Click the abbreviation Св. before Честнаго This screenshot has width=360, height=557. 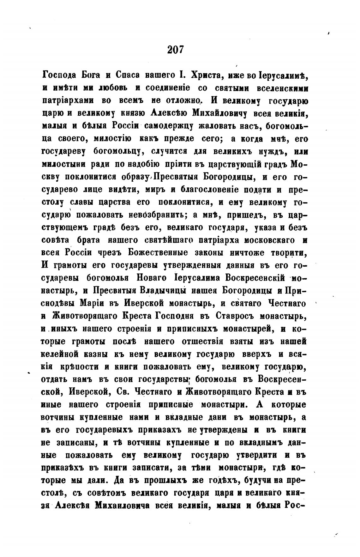tap(123, 392)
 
